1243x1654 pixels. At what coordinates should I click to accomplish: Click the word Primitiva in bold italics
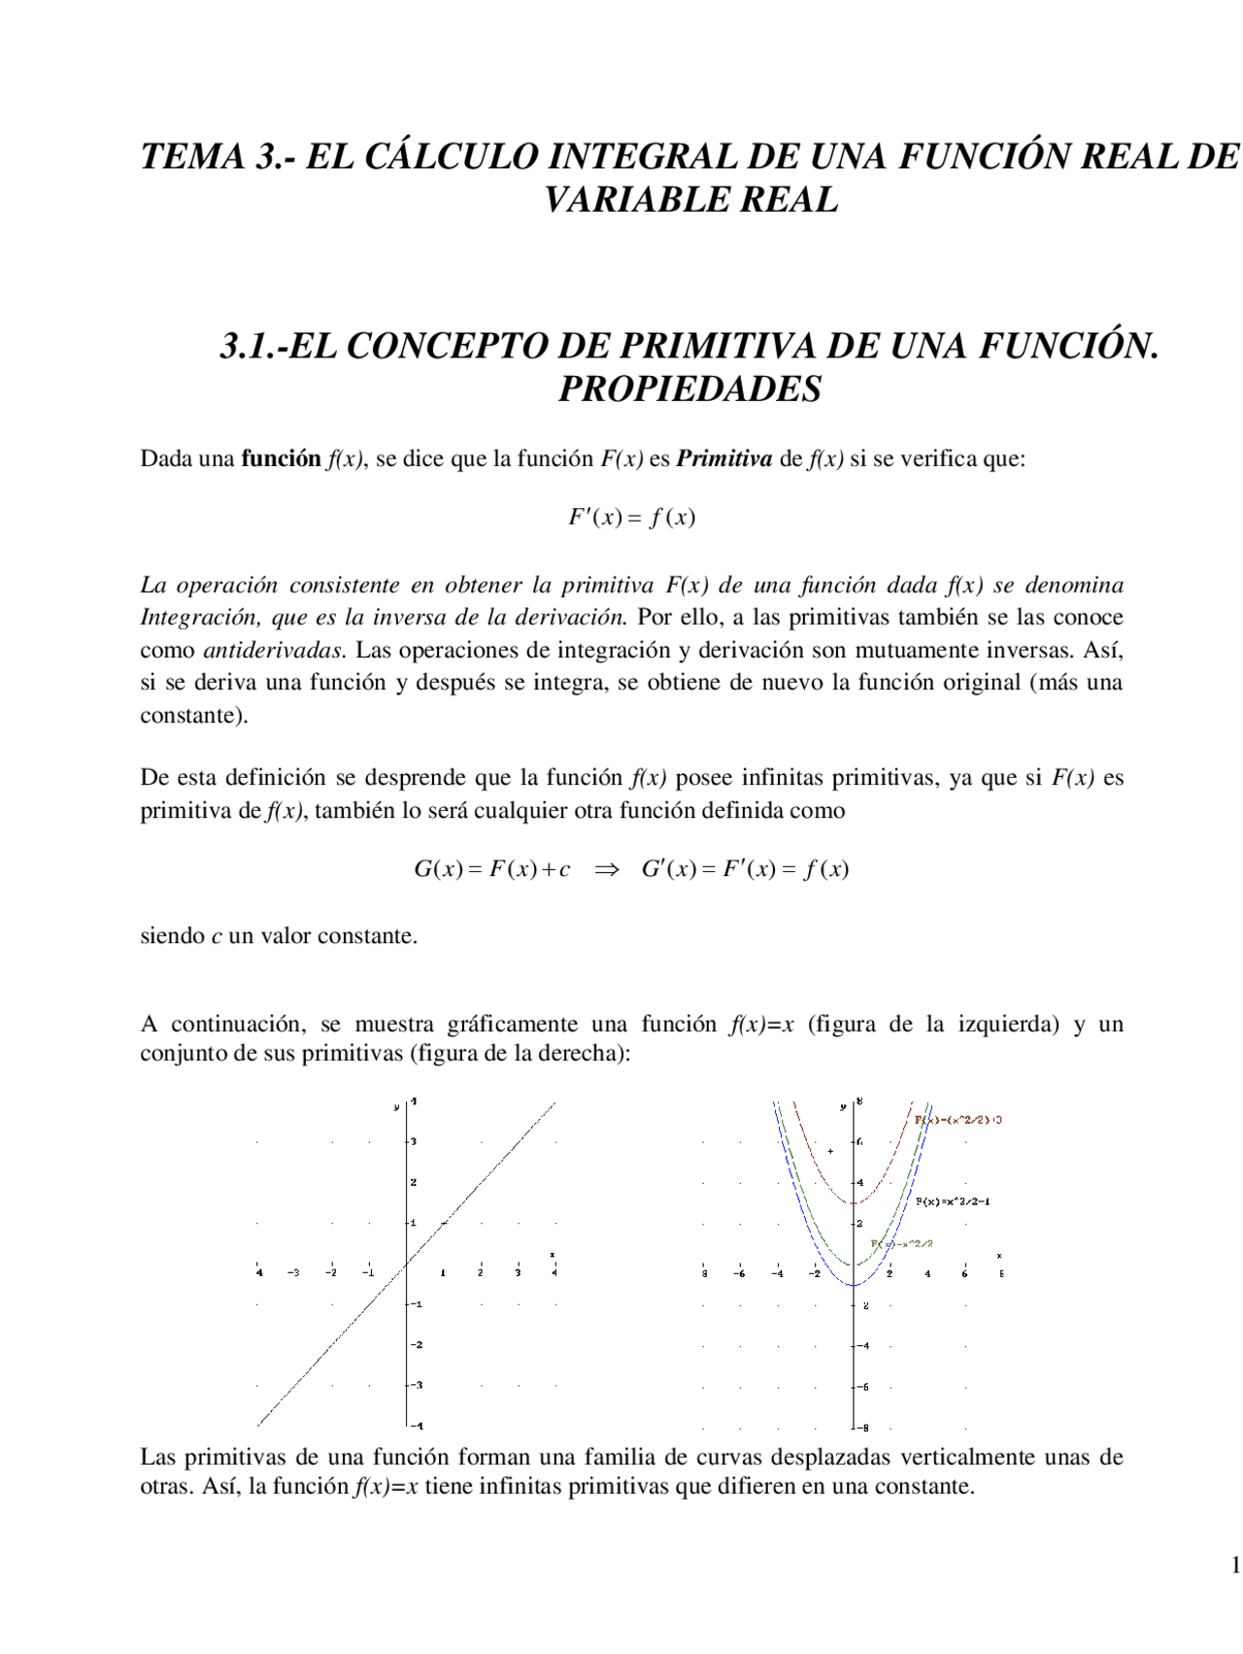(723, 458)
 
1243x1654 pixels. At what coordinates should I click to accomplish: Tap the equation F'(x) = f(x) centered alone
(632, 517)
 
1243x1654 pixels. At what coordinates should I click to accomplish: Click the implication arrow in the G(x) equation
(606, 869)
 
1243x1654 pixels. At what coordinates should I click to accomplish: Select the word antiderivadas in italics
(273, 650)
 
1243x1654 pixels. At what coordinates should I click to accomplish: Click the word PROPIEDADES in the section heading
(689, 388)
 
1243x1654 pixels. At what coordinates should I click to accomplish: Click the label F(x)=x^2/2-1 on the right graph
(953, 1201)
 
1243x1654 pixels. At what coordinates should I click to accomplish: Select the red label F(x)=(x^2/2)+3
(958, 1120)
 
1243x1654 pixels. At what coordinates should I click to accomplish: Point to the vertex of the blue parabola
(854, 1285)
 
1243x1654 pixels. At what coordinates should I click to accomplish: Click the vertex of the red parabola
(854, 1203)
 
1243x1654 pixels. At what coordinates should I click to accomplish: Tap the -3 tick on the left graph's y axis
(417, 1385)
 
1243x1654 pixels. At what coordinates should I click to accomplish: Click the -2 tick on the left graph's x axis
(331, 1272)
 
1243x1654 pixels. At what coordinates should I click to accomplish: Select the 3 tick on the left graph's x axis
(518, 1272)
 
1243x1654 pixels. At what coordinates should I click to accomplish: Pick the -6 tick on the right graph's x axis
(739, 1273)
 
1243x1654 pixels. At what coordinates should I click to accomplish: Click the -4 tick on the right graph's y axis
(862, 1345)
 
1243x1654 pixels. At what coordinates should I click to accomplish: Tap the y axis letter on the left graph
(396, 1106)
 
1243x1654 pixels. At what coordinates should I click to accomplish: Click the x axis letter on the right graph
(999, 1256)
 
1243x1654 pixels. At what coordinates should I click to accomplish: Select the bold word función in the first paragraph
(281, 458)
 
